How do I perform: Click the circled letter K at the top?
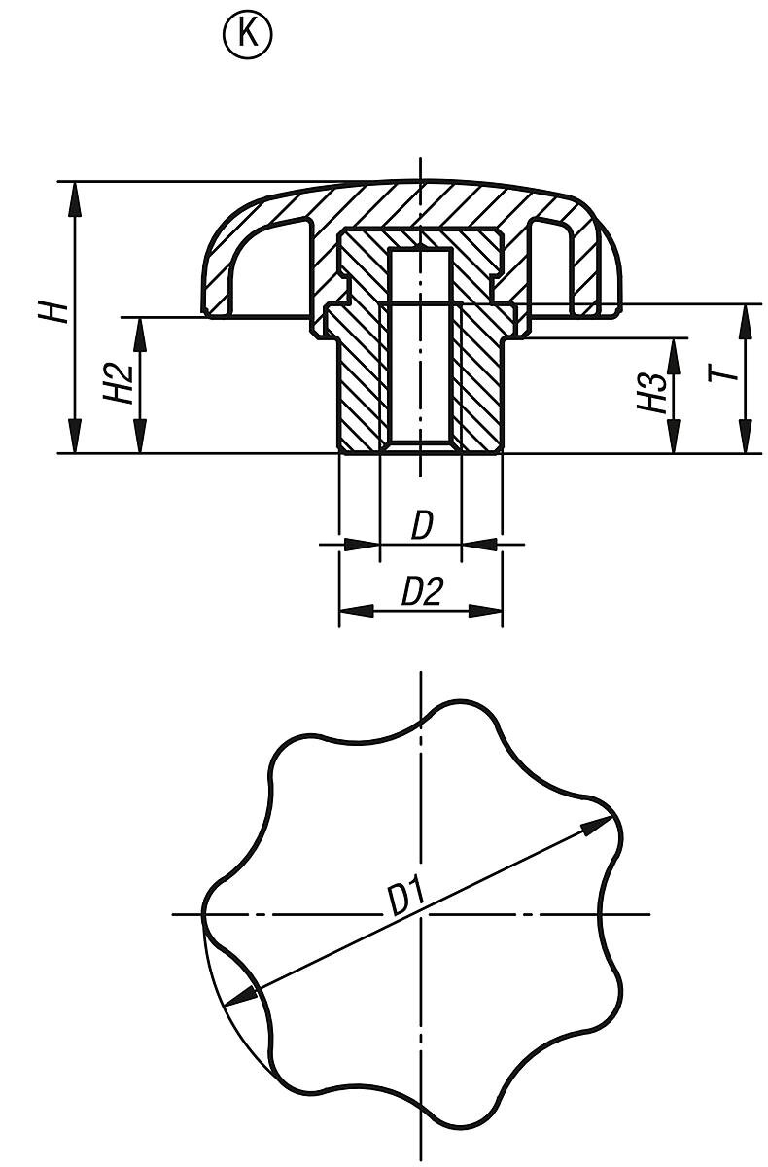click(x=248, y=35)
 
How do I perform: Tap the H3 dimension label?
click(x=653, y=394)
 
